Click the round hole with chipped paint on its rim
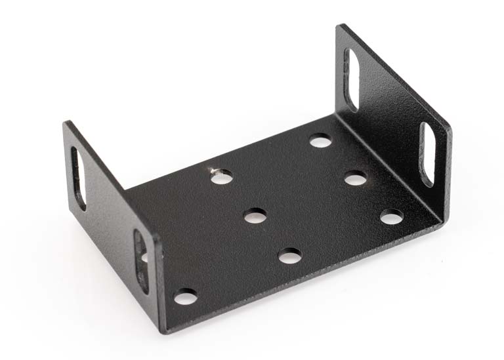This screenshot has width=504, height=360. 222,176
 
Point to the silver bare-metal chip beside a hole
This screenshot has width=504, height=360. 214,170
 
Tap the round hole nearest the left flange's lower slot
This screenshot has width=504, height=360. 186,296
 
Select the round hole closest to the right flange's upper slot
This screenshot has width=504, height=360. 320,140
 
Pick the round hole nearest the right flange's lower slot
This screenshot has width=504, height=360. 391,216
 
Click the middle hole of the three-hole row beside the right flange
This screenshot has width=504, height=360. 355,178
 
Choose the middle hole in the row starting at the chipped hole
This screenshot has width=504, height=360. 255,214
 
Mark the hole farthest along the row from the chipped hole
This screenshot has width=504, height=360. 289,256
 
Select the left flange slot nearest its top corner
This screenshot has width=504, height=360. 78,178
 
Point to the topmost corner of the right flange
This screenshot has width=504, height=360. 341,26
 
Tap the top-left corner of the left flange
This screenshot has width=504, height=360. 66,123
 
